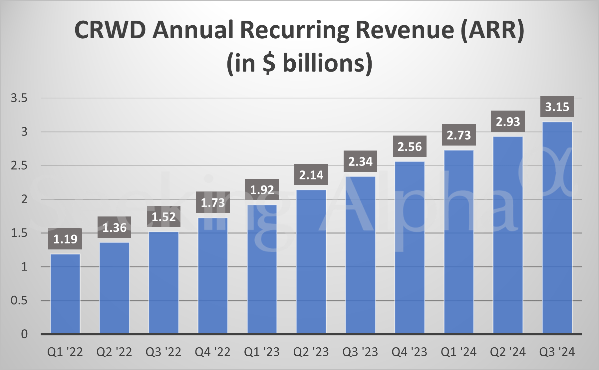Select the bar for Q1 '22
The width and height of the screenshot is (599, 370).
65,294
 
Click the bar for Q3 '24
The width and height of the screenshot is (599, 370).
557,228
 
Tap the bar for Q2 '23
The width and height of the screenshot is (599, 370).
311,262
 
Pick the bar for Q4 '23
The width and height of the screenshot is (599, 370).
410,247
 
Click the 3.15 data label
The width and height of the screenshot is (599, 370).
557,107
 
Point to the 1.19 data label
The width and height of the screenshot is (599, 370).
65,239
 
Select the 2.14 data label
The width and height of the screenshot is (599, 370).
311,175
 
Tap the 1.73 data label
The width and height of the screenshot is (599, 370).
213,202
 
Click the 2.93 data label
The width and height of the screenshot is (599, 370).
508,122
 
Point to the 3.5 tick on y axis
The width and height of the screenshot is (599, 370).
19,98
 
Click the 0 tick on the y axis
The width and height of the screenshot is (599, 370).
24,334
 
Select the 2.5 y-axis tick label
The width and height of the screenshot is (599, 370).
19,166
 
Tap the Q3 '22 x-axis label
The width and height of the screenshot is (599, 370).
163,352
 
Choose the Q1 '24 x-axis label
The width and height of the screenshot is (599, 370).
458,352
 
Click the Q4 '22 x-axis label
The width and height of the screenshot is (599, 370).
213,352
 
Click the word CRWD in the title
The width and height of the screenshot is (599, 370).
110,30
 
